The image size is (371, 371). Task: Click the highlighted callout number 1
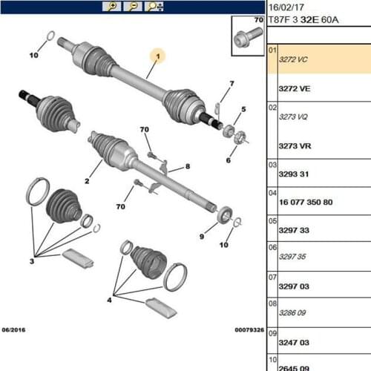pos(158,56)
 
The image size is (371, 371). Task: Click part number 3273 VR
pos(294,146)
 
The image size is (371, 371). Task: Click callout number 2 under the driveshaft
pos(87,181)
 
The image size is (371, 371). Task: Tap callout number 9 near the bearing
pos(202,236)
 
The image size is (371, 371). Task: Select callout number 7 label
pos(232,83)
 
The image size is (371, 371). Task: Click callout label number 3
pos(32,262)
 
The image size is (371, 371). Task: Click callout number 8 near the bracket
pos(188,166)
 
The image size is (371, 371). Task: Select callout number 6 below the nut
pos(227,160)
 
